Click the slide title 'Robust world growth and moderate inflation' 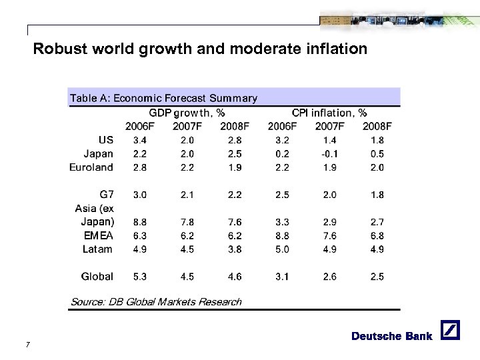pos(200,49)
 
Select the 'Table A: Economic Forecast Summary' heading pos(163,98)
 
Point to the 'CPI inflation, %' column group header pos(329,113)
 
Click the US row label pos(105,140)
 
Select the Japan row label pos(99,153)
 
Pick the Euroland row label pos(91,167)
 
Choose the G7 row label pos(106,195)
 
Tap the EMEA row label pos(99,235)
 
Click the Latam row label pos(97,249)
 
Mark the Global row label pos(97,276)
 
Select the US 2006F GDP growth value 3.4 pos(140,140)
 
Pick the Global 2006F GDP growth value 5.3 pos(140,276)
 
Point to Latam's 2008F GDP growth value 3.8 pos(234,249)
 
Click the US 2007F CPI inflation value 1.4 pos(329,140)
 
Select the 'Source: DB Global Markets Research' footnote pos(156,302)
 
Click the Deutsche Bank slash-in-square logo pos(451,331)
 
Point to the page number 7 pos(26,345)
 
